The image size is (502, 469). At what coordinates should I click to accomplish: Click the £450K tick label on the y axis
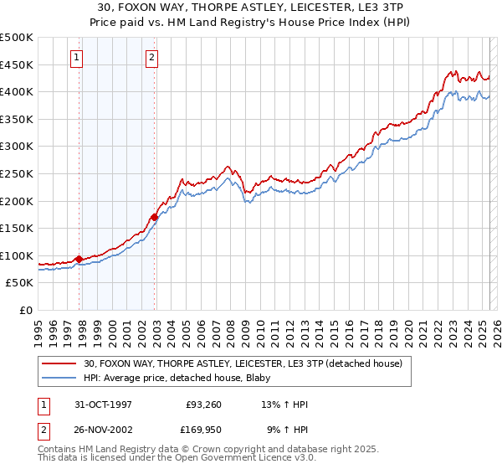pos(17,64)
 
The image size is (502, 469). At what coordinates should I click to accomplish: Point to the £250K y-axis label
pos(17,173)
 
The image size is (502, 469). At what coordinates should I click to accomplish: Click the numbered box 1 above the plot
pos(76,58)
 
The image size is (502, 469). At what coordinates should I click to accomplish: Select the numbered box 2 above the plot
pos(151,58)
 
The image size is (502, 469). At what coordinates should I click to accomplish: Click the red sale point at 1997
pos(79,259)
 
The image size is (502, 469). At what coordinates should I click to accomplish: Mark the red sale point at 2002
pos(155,217)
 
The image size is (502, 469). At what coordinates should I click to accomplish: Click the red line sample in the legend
pos(60,363)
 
